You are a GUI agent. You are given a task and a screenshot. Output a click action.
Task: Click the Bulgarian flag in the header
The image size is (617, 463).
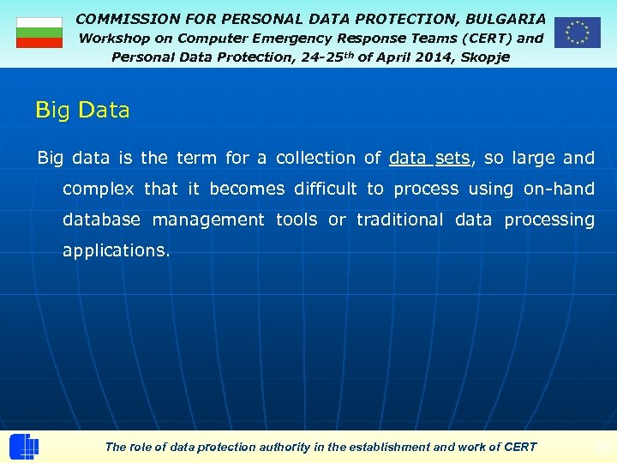click(39, 33)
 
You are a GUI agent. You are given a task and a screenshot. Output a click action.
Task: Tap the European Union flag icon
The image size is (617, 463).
click(577, 33)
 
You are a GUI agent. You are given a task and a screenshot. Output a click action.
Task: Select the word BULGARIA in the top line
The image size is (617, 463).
click(505, 18)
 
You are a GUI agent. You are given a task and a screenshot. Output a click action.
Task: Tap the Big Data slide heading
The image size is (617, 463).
click(82, 111)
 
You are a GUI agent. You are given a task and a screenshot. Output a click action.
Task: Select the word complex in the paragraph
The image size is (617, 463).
click(99, 189)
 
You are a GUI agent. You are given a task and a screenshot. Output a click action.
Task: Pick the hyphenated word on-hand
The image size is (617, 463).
click(559, 189)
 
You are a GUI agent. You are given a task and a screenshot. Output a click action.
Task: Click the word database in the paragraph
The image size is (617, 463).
click(101, 219)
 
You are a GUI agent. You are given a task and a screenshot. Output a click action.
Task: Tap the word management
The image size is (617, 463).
click(208, 219)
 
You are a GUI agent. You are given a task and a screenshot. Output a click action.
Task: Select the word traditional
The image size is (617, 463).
click(400, 219)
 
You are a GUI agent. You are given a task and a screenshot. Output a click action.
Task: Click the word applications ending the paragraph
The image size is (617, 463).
click(116, 250)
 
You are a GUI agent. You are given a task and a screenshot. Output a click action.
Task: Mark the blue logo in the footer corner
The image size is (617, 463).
click(24, 447)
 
